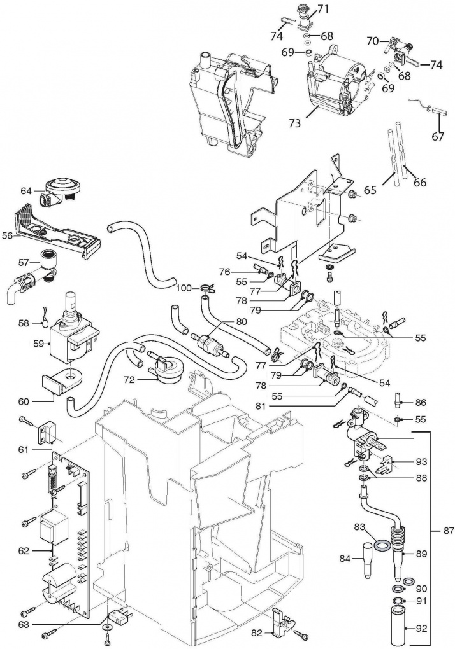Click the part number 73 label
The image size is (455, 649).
pyautogui.click(x=294, y=123)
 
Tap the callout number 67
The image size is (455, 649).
pyautogui.click(x=437, y=136)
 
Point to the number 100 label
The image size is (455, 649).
pyautogui.click(x=184, y=287)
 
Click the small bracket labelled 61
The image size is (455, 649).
pyautogui.click(x=47, y=433)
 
